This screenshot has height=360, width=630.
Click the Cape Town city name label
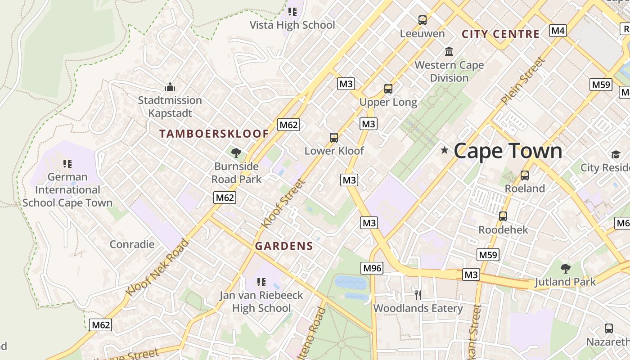(x=508, y=151)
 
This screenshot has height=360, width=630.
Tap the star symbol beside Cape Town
(x=445, y=150)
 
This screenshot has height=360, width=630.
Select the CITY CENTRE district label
(x=500, y=34)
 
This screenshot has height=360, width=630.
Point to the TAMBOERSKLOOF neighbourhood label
(x=214, y=134)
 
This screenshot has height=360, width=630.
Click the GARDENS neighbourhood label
(x=283, y=246)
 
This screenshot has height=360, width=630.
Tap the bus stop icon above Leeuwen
(x=422, y=20)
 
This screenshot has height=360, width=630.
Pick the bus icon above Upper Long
(x=388, y=89)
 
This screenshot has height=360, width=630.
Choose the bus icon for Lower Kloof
(x=333, y=138)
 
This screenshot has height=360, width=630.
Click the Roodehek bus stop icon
(x=503, y=216)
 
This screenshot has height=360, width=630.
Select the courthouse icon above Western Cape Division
(x=449, y=52)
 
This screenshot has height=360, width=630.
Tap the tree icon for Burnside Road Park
(x=236, y=153)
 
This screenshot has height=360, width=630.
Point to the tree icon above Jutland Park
(x=565, y=269)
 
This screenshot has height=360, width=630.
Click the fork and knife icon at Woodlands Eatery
(x=418, y=295)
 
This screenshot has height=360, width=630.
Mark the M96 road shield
(x=372, y=268)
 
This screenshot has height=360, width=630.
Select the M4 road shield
(x=558, y=31)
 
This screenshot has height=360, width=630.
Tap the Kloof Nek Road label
(x=157, y=268)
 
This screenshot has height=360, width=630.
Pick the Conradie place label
(x=132, y=244)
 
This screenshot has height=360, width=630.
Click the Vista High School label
(x=292, y=25)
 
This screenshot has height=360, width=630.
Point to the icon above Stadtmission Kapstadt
(x=170, y=86)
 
